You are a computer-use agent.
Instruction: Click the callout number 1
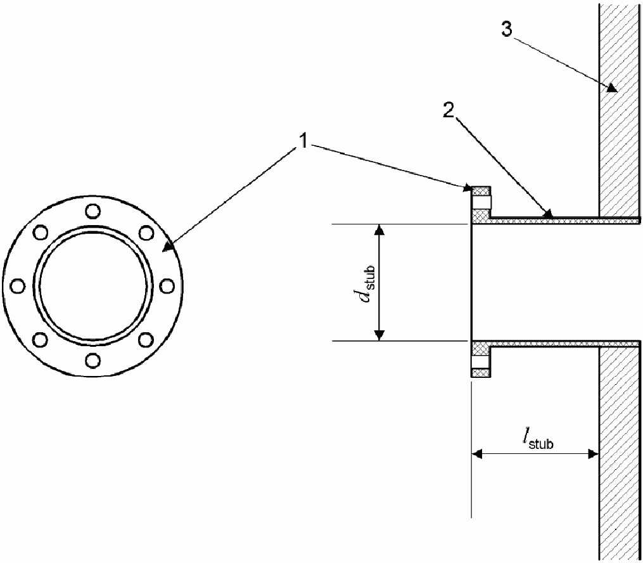303,142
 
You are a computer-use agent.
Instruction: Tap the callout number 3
507,29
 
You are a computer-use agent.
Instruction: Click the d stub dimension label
366,283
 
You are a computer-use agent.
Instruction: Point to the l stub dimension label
538,439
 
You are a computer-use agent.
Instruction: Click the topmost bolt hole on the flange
93,211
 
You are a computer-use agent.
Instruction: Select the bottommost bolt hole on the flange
93,361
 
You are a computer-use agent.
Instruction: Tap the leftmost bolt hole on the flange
18,286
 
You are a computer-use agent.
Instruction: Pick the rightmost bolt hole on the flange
167,286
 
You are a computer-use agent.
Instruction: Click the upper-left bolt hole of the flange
40,233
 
